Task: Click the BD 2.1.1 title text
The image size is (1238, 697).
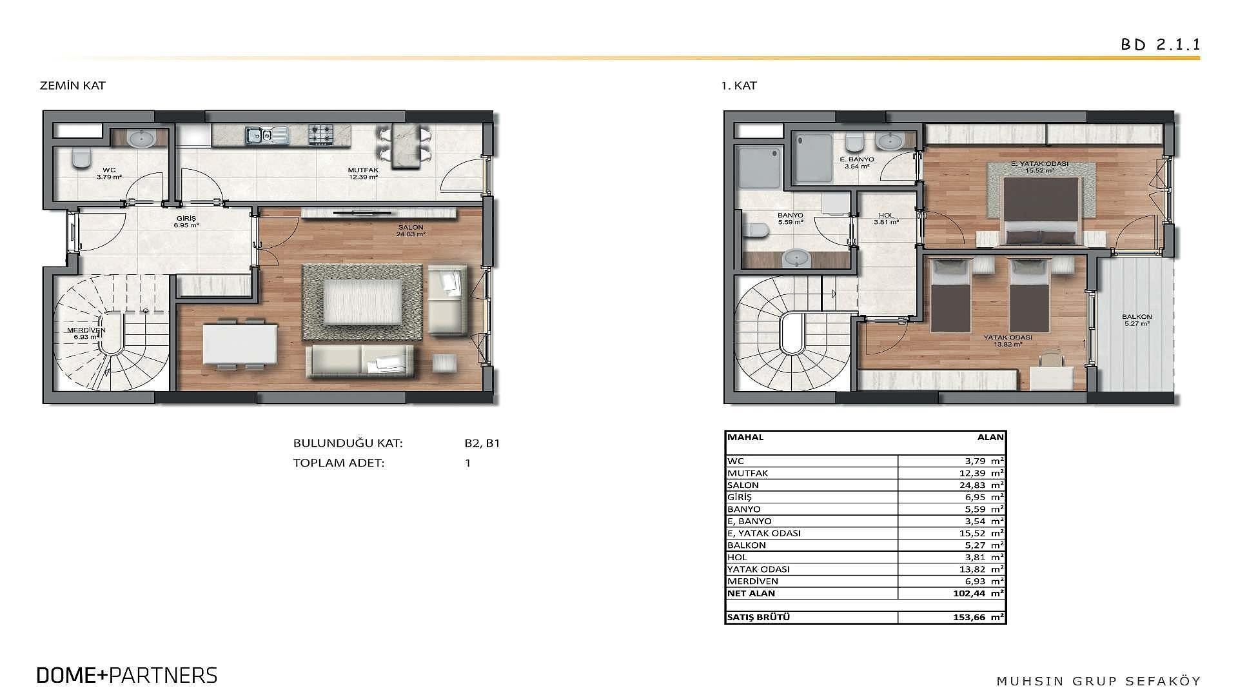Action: [x=1160, y=45]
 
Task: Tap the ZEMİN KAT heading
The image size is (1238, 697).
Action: [x=72, y=85]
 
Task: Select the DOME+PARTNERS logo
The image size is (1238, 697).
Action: [x=127, y=675]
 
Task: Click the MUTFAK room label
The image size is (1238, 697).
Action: [x=363, y=170]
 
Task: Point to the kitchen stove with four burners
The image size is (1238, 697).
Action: [x=320, y=134]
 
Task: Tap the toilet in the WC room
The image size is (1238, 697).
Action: [x=81, y=158]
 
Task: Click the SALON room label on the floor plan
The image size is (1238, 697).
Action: [x=411, y=228]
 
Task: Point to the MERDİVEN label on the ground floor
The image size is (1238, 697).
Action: [x=86, y=330]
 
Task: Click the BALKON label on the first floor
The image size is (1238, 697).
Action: [x=1137, y=317]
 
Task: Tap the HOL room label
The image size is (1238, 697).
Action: [x=886, y=216]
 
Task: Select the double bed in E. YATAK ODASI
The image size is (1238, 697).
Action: [x=1041, y=211]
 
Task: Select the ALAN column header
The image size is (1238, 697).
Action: [x=990, y=437]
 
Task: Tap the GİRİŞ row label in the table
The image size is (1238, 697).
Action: [x=740, y=497]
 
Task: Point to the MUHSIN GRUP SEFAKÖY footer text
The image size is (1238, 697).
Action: [x=1098, y=681]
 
